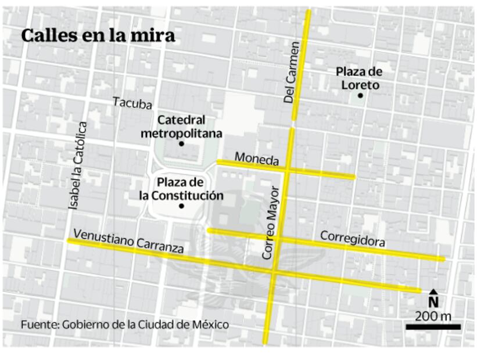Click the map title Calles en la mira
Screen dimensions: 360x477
(98, 35)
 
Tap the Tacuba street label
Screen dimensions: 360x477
(132, 103)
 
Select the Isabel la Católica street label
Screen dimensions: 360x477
(78, 165)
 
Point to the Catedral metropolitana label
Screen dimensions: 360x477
(181, 127)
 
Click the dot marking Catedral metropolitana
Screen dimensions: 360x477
(181, 143)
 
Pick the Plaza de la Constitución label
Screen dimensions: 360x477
(181, 189)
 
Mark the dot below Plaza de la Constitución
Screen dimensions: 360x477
(181, 206)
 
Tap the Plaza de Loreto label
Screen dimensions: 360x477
(359, 78)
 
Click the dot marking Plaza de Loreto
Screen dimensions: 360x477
(360, 95)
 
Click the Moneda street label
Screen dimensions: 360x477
(257, 159)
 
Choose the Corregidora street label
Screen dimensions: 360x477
(352, 238)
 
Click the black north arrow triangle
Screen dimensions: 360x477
(433, 291)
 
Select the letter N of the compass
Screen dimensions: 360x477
(433, 302)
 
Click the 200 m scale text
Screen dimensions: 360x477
(433, 316)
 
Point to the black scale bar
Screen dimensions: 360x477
(433, 327)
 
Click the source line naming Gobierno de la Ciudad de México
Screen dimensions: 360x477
(125, 325)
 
